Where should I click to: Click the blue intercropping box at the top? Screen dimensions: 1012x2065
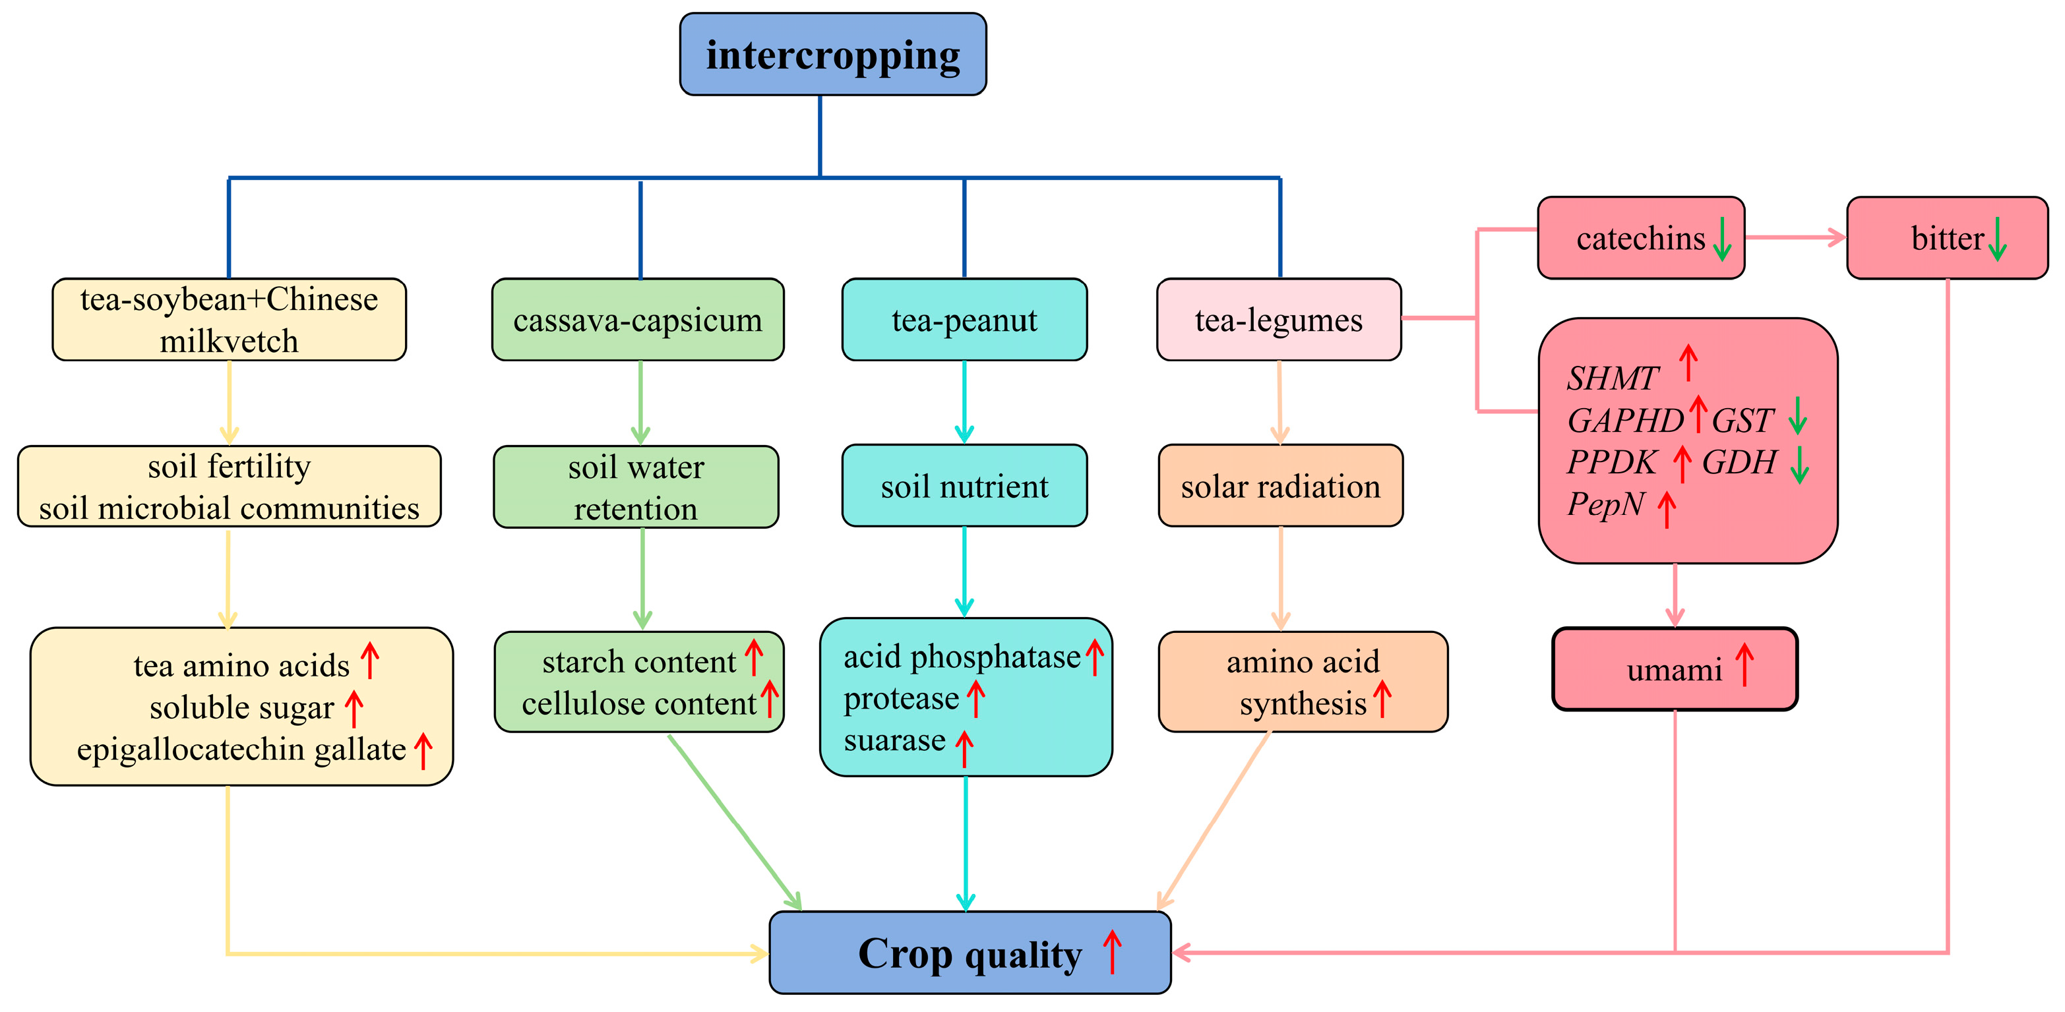(832, 55)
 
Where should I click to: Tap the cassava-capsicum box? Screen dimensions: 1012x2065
(637, 320)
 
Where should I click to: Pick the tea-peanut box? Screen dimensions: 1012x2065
(964, 320)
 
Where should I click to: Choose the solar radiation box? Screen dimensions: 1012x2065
(1279, 486)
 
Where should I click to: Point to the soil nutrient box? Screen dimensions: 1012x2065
(964, 486)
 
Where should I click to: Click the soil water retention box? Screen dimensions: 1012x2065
(636, 487)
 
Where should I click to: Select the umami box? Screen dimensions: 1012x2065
(1674, 669)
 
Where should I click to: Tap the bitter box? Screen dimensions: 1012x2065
(1946, 238)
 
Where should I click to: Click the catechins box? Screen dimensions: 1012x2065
(1640, 238)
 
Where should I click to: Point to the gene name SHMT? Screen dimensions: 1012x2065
(1612, 378)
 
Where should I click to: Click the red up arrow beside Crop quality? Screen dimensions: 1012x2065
(1111, 951)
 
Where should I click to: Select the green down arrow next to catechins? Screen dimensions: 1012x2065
(1721, 239)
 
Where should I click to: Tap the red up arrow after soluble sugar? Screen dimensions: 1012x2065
(354, 708)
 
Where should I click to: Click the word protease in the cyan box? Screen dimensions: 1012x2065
(900, 699)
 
